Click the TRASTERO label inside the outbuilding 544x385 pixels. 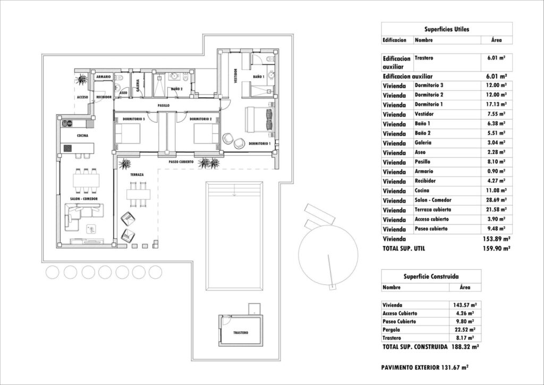pos(241,333)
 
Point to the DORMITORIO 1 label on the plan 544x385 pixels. pos(260,144)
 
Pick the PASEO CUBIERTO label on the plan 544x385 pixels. pos(181,161)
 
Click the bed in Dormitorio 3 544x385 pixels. pos(128,133)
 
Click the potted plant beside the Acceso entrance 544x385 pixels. pos(82,80)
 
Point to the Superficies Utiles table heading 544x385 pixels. pos(446,30)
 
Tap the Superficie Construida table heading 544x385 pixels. pos(431,277)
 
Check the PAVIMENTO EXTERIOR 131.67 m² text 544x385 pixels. pos(424,367)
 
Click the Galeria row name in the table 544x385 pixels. pos(423,143)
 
